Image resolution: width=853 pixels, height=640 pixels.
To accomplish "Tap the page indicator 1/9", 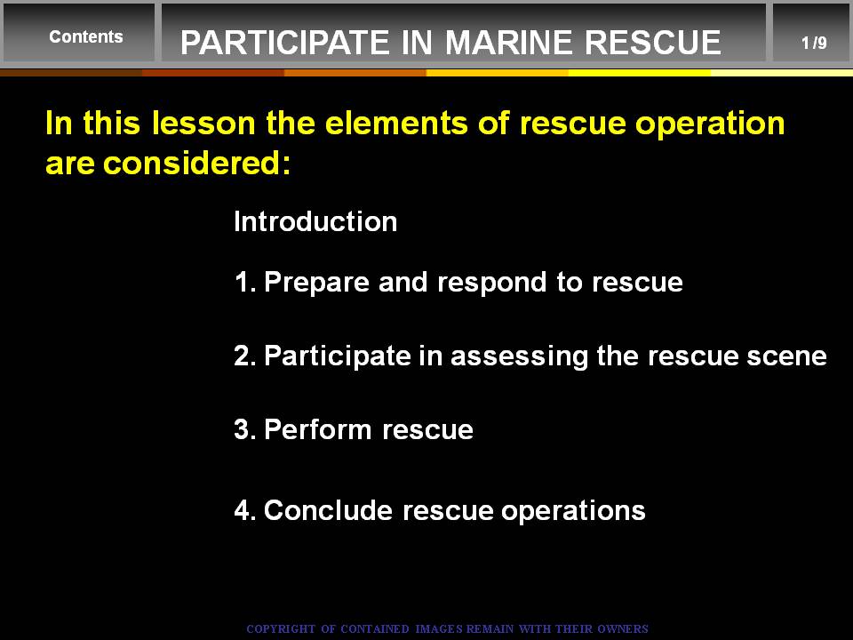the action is (x=814, y=43).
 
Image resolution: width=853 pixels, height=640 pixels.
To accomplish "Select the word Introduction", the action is (x=315, y=221).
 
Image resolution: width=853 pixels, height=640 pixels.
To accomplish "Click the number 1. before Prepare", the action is (x=245, y=282).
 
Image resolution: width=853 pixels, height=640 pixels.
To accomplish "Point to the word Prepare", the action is (x=316, y=283).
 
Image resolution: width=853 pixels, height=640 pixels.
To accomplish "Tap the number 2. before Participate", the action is (x=245, y=356).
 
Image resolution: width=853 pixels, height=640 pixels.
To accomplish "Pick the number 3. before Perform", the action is (x=245, y=429).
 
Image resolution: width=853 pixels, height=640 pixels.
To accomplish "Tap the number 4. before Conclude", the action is (x=245, y=510).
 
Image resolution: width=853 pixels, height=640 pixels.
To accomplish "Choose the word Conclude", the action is (x=328, y=510).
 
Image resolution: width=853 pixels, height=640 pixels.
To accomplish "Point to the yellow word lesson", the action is (x=203, y=123).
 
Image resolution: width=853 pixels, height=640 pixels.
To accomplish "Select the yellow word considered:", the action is (x=196, y=163).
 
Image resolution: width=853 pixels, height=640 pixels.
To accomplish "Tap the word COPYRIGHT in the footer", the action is (x=281, y=629).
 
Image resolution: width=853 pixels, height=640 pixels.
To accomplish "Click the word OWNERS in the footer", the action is (x=623, y=629).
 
